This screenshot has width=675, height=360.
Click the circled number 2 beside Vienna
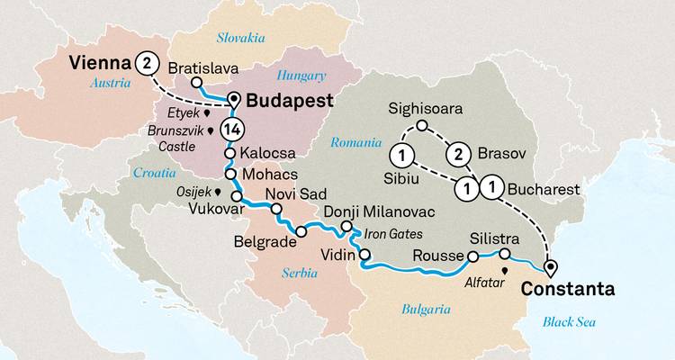146,64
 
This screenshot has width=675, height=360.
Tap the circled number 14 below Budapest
231,127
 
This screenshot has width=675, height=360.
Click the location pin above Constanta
550,266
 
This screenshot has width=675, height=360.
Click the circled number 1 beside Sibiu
404,154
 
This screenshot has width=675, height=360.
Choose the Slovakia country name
241,37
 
